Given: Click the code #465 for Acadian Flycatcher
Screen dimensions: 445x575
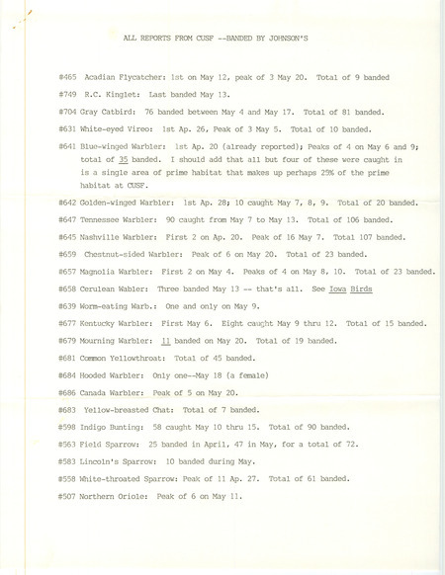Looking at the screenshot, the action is click(67, 75).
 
